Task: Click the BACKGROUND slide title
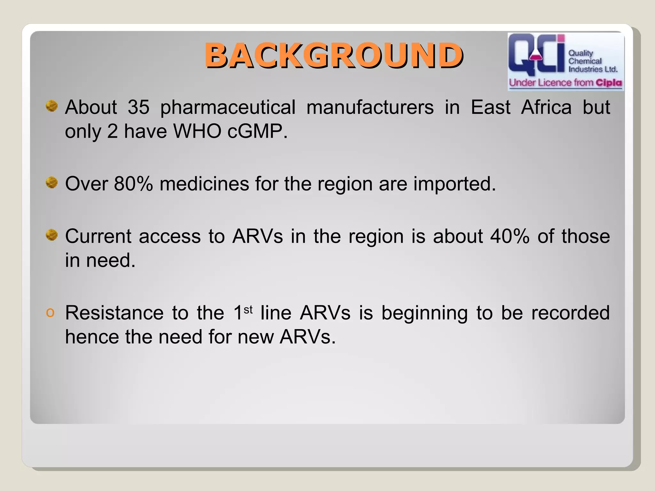pyautogui.click(x=334, y=56)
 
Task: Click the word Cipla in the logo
pyautogui.click(x=609, y=83)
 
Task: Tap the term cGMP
pyautogui.click(x=257, y=131)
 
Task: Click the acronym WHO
pyautogui.click(x=197, y=131)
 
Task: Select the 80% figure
pyautogui.click(x=133, y=184)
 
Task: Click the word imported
pyautogui.click(x=454, y=184)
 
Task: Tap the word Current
pyautogui.click(x=98, y=236)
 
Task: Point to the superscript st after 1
pyautogui.click(x=248, y=309)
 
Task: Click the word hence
pyautogui.click(x=92, y=337)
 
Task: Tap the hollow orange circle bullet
pyautogui.click(x=50, y=312)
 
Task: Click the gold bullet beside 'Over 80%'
pyautogui.click(x=51, y=183)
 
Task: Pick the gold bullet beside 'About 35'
pyautogui.click(x=51, y=106)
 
